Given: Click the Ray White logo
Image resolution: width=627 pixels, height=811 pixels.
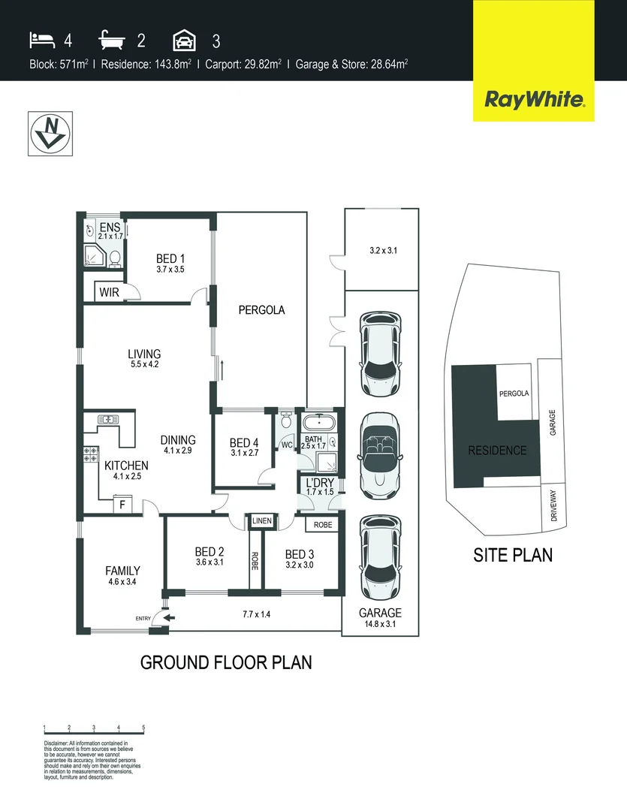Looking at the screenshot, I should pyautogui.click(x=533, y=99).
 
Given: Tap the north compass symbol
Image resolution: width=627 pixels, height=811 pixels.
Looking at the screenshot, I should pyautogui.click(x=50, y=134).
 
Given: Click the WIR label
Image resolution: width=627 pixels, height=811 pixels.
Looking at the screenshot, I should pyautogui.click(x=110, y=293).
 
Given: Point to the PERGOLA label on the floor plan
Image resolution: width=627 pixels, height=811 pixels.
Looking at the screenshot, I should pyautogui.click(x=261, y=309).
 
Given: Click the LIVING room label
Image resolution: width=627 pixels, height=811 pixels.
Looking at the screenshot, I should pyautogui.click(x=144, y=354).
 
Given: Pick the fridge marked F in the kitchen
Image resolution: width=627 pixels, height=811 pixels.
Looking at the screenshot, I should pyautogui.click(x=122, y=505).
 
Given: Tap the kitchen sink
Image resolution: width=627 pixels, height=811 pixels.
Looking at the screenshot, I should pyautogui.click(x=107, y=420).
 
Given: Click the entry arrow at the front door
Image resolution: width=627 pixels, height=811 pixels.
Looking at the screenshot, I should pyautogui.click(x=169, y=618).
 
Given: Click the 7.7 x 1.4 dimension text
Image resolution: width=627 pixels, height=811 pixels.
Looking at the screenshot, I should pyautogui.click(x=257, y=614).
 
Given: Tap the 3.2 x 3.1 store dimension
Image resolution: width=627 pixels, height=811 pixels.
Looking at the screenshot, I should pyautogui.click(x=383, y=251).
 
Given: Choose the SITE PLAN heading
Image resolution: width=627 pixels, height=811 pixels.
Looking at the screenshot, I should pyautogui.click(x=513, y=556).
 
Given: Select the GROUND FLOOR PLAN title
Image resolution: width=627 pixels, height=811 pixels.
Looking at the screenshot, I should pyautogui.click(x=226, y=662).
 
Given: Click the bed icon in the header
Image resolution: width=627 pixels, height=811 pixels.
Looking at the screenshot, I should pyautogui.click(x=42, y=40).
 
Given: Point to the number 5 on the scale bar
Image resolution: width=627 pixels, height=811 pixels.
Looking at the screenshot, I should pyautogui.click(x=143, y=728).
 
